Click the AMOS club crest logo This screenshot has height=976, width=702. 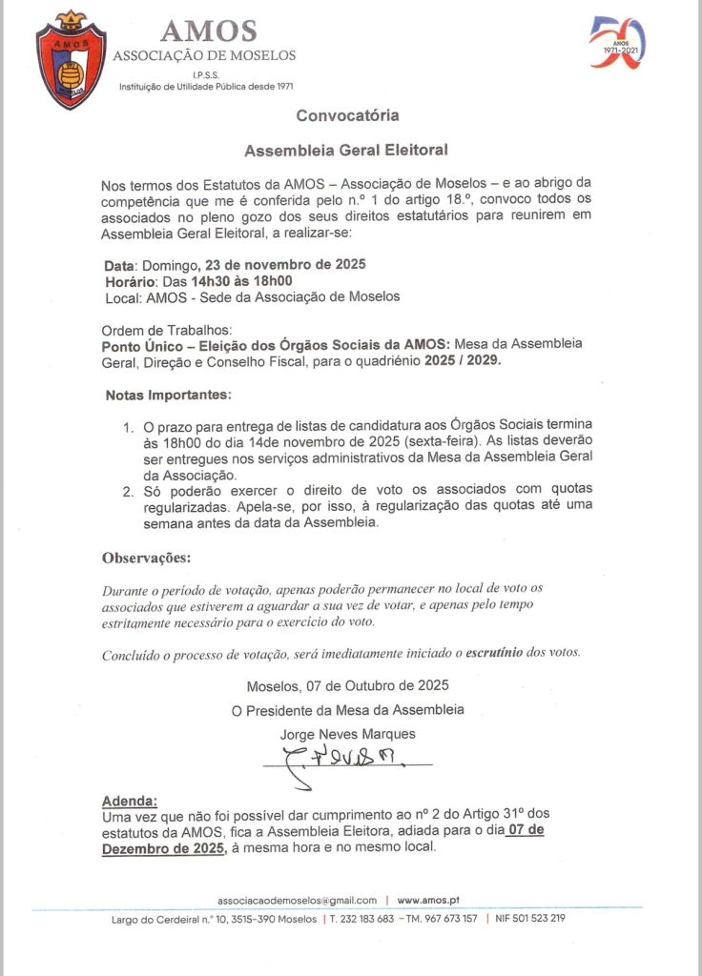point(71,61)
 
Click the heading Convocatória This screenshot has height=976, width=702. point(347,115)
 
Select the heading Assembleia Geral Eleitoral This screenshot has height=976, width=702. point(346,150)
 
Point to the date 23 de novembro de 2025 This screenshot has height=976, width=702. point(285,264)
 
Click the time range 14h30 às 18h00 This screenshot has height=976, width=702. point(241,280)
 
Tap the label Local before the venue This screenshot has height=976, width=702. point(121,296)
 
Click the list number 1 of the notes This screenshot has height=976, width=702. point(127,423)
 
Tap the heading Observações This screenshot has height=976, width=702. point(146,557)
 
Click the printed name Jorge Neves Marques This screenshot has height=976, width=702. point(348,734)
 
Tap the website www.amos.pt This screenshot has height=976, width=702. point(429,899)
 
